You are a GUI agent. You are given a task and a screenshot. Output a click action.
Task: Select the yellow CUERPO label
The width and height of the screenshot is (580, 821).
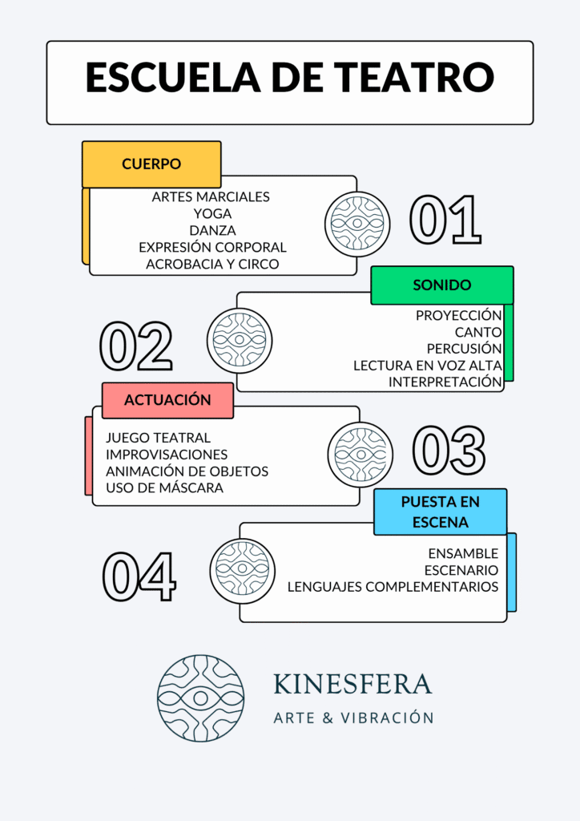pyautogui.click(x=151, y=164)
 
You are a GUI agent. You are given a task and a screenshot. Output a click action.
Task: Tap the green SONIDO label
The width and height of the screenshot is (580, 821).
pyautogui.click(x=441, y=285)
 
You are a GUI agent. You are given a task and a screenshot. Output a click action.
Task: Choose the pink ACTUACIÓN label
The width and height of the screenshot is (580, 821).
pyautogui.click(x=167, y=400)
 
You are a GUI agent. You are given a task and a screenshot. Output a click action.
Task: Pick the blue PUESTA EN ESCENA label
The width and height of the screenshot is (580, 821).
pyautogui.click(x=441, y=512)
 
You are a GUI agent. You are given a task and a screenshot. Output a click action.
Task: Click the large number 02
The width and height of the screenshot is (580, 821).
pyautogui.click(x=135, y=347)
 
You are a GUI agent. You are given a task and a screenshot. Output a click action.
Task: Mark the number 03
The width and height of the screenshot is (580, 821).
pyautogui.click(x=449, y=449)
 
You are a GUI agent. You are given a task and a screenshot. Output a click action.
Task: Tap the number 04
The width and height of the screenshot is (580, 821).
pyautogui.click(x=139, y=575)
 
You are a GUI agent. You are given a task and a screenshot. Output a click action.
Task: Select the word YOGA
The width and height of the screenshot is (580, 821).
pyautogui.click(x=212, y=213)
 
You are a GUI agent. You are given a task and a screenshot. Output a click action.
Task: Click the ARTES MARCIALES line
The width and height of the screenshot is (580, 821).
pyautogui.click(x=211, y=196)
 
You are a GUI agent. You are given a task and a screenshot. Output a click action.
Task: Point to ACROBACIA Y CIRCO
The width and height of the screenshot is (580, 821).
pyautogui.click(x=212, y=264)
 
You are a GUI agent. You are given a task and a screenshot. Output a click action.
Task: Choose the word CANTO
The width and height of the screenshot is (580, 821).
pyautogui.click(x=478, y=332)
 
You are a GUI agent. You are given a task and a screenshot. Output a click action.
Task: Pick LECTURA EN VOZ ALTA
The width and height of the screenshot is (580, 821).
pyautogui.click(x=428, y=366)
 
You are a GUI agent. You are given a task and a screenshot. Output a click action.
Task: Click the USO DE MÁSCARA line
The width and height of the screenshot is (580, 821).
pyautogui.click(x=164, y=487)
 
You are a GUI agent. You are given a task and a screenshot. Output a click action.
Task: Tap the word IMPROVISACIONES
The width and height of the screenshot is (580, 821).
pyautogui.click(x=167, y=454)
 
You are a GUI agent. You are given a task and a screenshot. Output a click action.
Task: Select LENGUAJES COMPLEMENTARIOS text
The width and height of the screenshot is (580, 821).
pyautogui.click(x=393, y=587)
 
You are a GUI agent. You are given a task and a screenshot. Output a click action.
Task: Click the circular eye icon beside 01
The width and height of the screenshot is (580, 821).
pyautogui.click(x=357, y=224)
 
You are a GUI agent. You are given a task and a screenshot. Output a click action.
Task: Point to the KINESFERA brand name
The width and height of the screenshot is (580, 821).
pyautogui.click(x=352, y=684)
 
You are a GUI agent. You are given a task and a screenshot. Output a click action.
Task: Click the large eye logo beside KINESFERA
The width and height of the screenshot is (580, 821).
pyautogui.click(x=200, y=698)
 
